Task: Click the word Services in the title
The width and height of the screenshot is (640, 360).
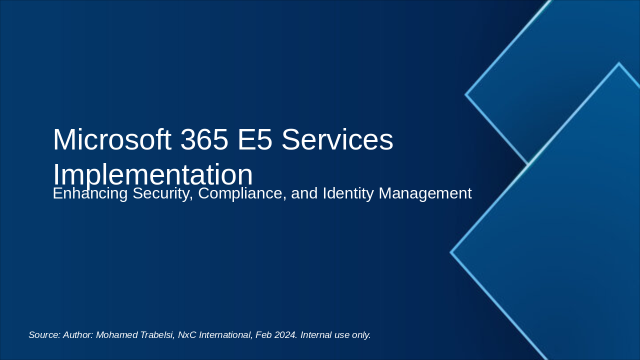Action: pos(337,140)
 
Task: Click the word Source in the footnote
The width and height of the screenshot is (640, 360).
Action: pos(44,335)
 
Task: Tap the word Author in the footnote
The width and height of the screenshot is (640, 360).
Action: pos(78,335)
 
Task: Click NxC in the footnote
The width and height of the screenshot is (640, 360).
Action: pos(187,335)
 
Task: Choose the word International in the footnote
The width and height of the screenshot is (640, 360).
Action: pos(225,335)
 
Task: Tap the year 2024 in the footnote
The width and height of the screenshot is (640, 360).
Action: pos(285,335)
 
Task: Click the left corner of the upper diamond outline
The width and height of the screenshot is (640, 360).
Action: pos(466,94)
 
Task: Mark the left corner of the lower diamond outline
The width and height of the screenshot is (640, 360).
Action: pos(451,252)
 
